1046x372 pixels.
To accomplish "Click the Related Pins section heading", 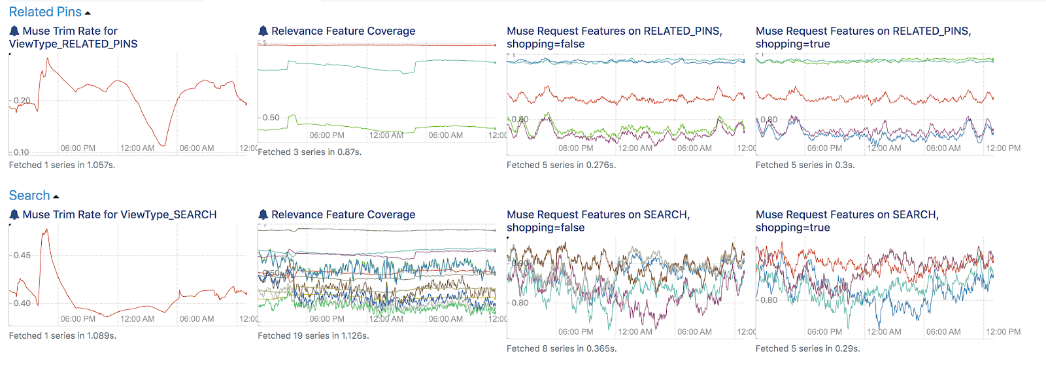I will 45,12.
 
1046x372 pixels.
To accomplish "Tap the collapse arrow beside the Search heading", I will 56,197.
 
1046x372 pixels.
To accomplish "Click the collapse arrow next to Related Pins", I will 88,13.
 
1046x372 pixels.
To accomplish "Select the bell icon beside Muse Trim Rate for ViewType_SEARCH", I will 14,214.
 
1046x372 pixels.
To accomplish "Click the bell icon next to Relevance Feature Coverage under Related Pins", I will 263,31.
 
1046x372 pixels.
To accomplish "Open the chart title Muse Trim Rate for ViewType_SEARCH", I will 119,214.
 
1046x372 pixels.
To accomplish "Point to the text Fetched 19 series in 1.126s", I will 313,335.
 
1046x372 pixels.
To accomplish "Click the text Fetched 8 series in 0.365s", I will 562,348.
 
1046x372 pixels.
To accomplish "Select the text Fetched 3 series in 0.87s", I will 309,152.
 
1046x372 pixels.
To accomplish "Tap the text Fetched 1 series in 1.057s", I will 62,165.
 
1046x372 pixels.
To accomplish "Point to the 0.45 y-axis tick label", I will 22,255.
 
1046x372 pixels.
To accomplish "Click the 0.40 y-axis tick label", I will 22,303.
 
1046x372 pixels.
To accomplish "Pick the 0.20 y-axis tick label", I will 22,101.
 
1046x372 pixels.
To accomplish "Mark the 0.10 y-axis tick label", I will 21,152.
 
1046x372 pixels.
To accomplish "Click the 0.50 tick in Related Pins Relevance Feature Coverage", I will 271,118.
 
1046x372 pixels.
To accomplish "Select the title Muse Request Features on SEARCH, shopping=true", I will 847,221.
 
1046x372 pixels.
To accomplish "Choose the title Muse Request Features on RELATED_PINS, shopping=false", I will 614,37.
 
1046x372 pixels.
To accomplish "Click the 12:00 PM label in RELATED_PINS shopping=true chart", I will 1003,148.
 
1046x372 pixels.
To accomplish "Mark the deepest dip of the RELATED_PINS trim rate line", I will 164,145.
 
